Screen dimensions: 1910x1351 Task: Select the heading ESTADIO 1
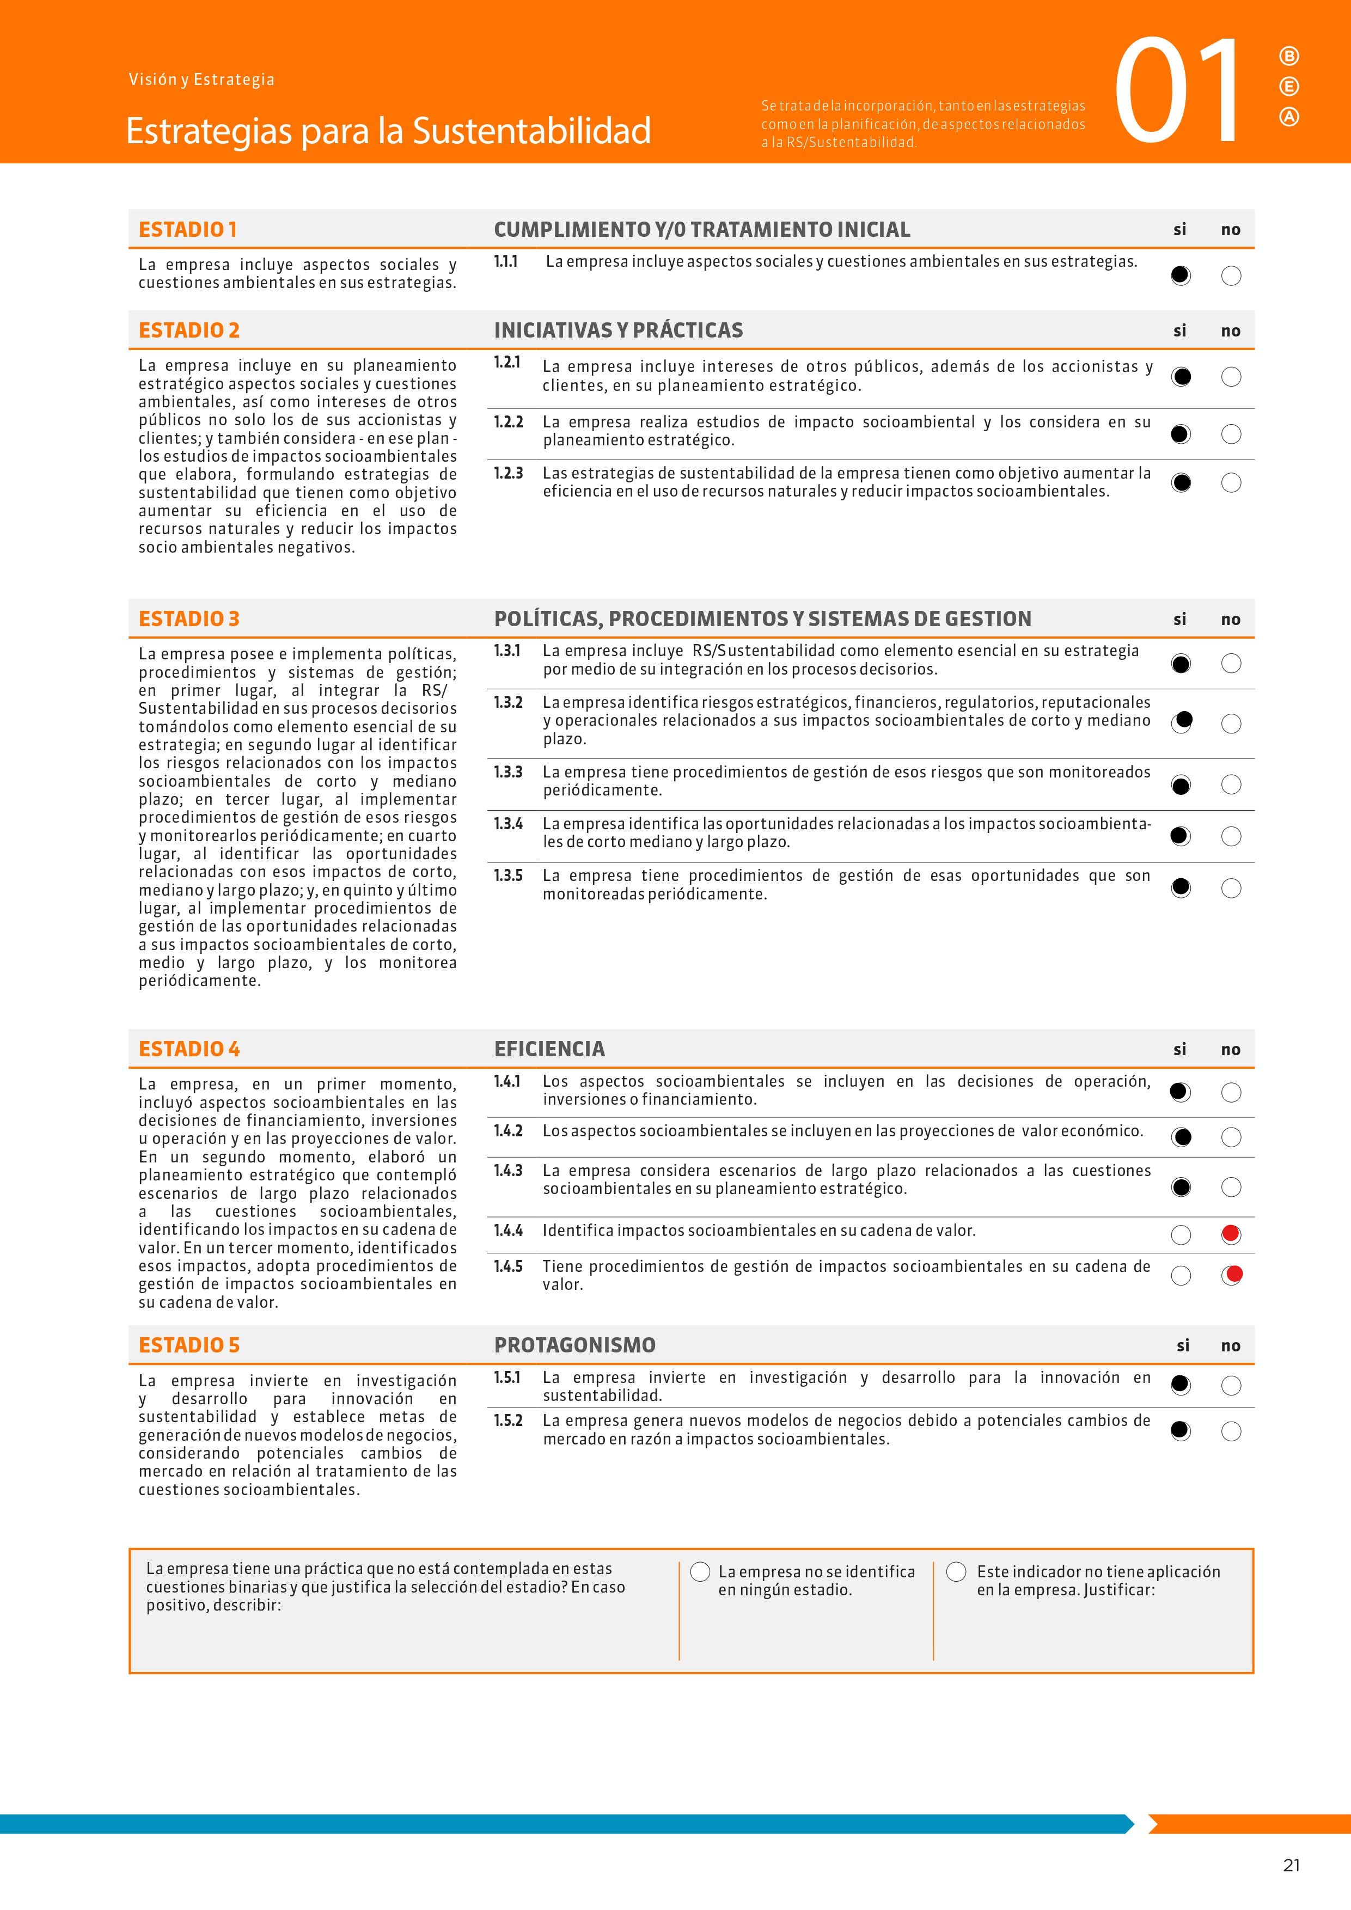[x=187, y=230]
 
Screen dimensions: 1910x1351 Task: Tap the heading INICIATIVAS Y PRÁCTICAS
[x=618, y=330]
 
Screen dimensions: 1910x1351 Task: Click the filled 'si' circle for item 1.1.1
[x=1181, y=276]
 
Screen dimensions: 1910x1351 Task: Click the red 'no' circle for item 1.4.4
[x=1231, y=1234]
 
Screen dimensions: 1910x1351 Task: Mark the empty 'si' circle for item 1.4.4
[x=1181, y=1234]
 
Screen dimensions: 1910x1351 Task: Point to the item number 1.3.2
[x=508, y=703]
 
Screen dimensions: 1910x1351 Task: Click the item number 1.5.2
[x=508, y=1421]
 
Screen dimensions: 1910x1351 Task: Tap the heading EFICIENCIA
[x=549, y=1049]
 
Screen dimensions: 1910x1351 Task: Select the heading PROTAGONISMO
[x=575, y=1345]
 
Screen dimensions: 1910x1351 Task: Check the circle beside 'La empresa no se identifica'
[x=700, y=1571]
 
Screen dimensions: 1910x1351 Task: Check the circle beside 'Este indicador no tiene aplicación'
[x=957, y=1571]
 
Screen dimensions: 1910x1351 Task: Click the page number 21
[x=1291, y=1865]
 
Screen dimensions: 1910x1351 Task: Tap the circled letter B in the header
[x=1288, y=57]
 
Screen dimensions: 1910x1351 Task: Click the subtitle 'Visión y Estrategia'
[x=201, y=80]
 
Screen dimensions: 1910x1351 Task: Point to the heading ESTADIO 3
[x=189, y=619]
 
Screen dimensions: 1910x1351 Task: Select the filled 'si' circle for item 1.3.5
[x=1181, y=889]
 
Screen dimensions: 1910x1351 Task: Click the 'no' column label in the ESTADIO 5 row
[x=1230, y=1346]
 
